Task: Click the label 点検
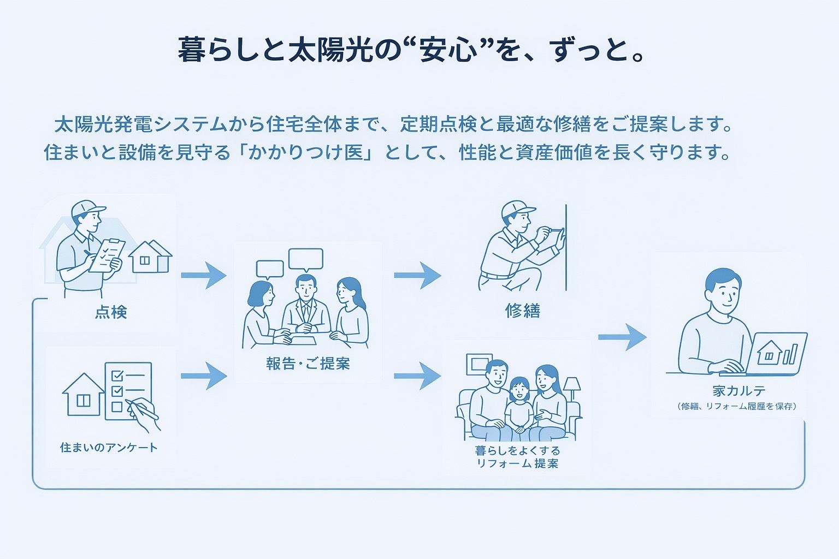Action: pyautogui.click(x=111, y=312)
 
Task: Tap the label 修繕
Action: pyautogui.click(x=523, y=311)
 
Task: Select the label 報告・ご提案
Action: pyautogui.click(x=308, y=364)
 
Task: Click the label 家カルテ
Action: pyautogui.click(x=738, y=391)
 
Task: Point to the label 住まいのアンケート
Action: pyautogui.click(x=109, y=448)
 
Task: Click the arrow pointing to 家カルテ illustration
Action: pyautogui.click(x=622, y=337)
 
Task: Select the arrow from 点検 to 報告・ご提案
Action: pyautogui.click(x=203, y=275)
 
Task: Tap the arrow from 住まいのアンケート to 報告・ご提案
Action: pyautogui.click(x=203, y=376)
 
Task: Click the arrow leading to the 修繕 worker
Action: pyautogui.click(x=417, y=275)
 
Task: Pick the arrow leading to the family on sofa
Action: pyautogui.click(x=417, y=376)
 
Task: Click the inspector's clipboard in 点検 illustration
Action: pyautogui.click(x=107, y=254)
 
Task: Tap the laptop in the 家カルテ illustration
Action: pyautogui.click(x=776, y=354)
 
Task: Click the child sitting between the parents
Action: pyautogui.click(x=518, y=407)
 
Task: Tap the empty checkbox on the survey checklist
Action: pyautogui.click(x=116, y=407)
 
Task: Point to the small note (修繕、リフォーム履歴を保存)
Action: pyautogui.click(x=737, y=406)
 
